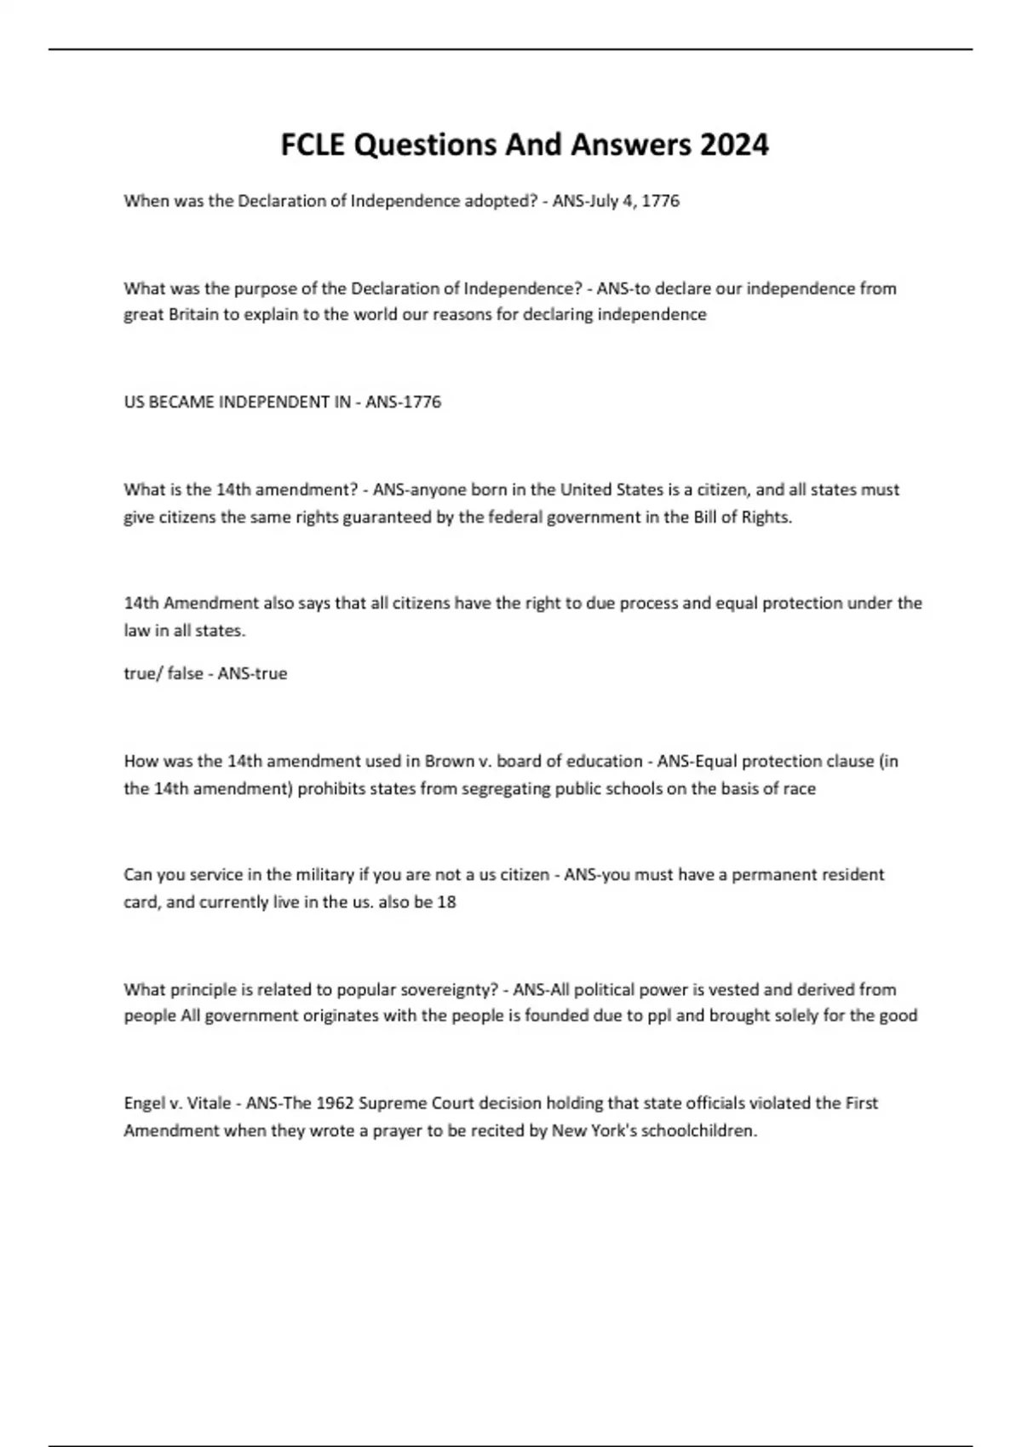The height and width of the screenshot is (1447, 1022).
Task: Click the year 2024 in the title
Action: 733,145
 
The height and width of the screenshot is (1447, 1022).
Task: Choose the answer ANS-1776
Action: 403,402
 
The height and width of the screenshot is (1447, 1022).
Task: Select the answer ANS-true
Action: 252,673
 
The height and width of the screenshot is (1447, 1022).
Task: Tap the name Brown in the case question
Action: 449,761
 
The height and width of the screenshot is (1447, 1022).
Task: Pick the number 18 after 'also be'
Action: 446,901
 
